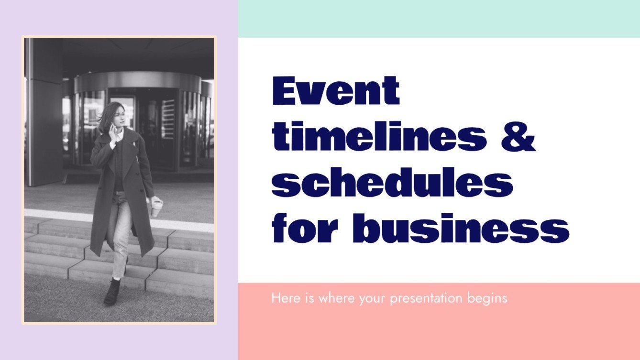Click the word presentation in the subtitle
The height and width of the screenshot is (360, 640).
pyautogui.click(x=426, y=299)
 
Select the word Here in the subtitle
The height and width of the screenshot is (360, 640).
pyautogui.click(x=282, y=299)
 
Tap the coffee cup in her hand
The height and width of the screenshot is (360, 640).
pyautogui.click(x=157, y=207)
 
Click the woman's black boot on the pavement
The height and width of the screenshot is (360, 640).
pyautogui.click(x=112, y=292)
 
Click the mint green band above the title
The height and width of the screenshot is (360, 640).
pyautogui.click(x=439, y=19)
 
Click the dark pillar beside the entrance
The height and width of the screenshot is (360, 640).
pyautogui.click(x=44, y=110)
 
